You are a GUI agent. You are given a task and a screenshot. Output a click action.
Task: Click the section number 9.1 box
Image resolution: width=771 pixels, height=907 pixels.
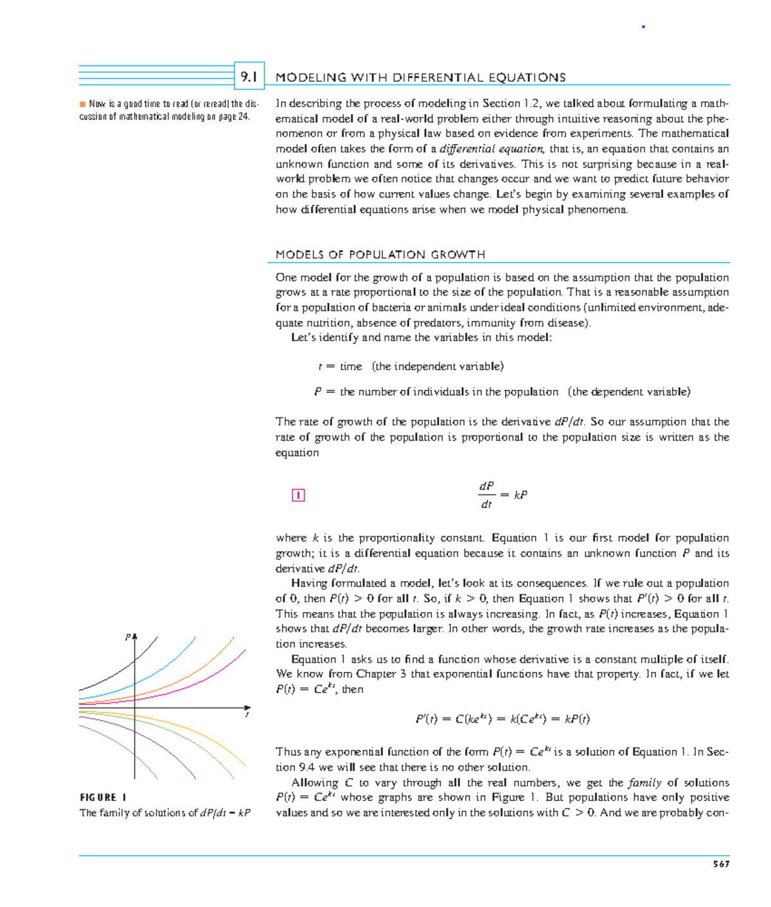(249, 76)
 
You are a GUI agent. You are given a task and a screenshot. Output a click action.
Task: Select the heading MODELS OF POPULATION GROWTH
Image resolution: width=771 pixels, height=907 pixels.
(380, 254)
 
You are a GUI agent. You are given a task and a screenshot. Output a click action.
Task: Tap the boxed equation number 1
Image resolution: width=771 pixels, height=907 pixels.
(297, 495)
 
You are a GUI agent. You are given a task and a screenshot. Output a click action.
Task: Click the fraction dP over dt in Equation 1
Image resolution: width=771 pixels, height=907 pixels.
(486, 495)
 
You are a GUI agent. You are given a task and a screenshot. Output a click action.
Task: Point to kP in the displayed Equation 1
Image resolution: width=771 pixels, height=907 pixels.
(520, 495)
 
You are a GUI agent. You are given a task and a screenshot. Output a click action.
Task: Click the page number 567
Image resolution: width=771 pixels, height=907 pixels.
(721, 864)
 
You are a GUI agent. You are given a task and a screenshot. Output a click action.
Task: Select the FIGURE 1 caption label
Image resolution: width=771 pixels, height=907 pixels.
(103, 797)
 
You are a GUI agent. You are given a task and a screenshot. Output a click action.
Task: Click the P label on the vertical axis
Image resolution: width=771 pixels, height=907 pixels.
(127, 637)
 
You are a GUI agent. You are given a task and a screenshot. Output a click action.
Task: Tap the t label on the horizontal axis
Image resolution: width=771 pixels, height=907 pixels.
(247, 715)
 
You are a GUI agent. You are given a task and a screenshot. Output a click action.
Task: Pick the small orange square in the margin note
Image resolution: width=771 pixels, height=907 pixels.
(82, 104)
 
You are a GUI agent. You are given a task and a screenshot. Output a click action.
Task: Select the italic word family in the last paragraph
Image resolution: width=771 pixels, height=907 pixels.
(644, 782)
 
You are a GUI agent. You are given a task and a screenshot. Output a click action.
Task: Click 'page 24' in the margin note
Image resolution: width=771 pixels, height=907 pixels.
(234, 117)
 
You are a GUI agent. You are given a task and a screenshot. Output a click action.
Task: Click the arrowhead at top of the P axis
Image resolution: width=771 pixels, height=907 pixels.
(135, 637)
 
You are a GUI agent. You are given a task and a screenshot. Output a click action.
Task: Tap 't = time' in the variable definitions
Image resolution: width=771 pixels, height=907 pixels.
(340, 366)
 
